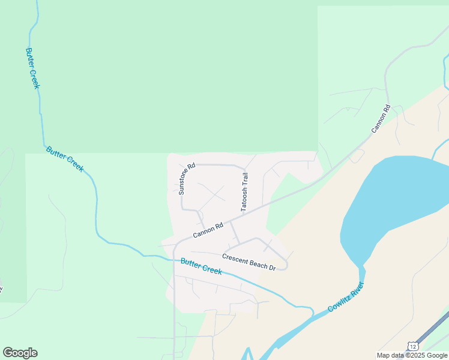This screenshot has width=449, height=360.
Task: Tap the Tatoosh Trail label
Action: click(244, 192)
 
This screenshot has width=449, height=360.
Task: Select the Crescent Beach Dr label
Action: click(249, 262)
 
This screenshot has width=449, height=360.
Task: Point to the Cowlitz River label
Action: click(346, 296)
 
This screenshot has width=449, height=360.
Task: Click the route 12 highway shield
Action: click(412, 346)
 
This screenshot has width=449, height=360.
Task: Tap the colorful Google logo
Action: click(20, 353)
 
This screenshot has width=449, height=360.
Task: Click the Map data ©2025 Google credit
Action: click(412, 355)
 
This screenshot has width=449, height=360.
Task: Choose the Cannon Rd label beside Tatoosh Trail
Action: click(208, 230)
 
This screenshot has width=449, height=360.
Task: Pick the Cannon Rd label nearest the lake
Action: click(381, 119)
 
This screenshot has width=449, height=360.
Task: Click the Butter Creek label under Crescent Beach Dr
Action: click(201, 266)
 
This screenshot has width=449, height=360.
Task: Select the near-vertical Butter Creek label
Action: click(32, 68)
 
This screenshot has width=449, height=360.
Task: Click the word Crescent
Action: click(234, 257)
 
